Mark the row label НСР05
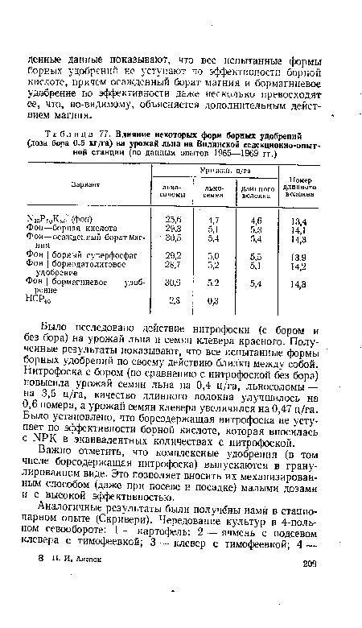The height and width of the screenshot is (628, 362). pyautogui.click(x=57, y=302)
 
